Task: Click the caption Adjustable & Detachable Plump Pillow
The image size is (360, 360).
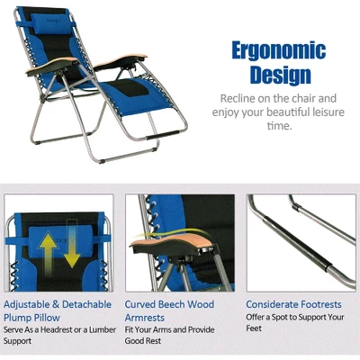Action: pos(58,310)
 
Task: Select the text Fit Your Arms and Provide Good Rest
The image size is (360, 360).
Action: pos(176,335)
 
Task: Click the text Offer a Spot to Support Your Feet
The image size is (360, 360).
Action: pos(294,323)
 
